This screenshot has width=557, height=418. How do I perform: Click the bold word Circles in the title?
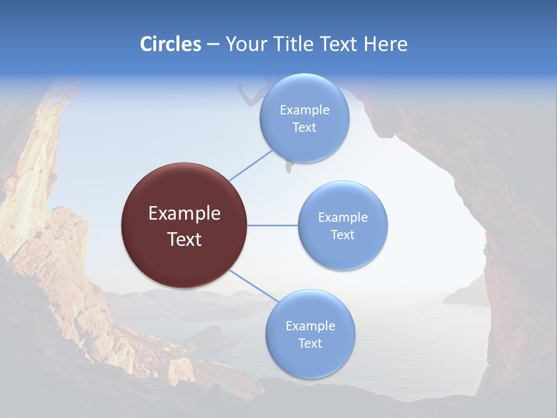click(171, 44)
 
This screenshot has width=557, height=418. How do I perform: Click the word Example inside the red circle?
click(185, 214)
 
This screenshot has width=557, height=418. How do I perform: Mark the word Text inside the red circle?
click(185, 239)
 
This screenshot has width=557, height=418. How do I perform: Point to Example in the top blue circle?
click(305, 110)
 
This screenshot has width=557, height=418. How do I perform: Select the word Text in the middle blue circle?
click(342, 235)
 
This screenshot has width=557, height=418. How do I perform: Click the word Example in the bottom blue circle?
click(310, 326)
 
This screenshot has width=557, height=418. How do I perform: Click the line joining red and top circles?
click(251, 165)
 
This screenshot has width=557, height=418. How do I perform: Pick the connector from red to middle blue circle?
click(273, 225)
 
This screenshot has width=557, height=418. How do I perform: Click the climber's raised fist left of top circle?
click(241, 88)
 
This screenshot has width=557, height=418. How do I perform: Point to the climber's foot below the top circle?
click(287, 169)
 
